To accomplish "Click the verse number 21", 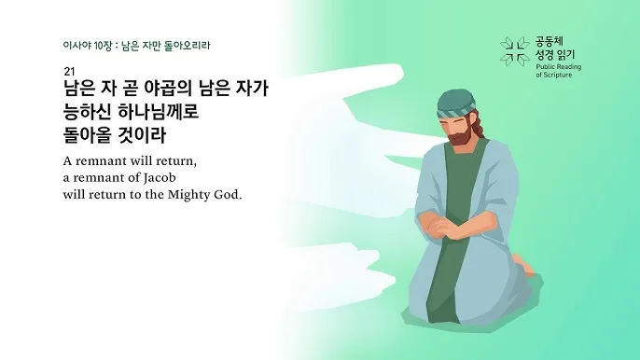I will [x=69, y=72].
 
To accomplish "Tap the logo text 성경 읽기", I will [x=557, y=55].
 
